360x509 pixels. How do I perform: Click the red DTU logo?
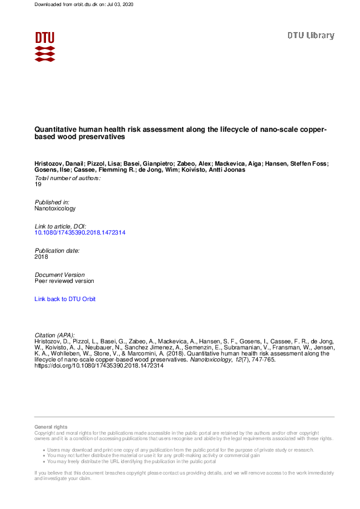pos(45,46)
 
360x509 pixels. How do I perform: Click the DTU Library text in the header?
pos(310,36)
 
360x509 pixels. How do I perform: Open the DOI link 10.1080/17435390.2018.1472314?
pos(80,232)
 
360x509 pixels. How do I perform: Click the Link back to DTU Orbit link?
pos(65,299)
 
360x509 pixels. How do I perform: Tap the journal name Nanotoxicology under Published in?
pos(55,208)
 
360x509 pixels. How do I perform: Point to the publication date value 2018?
pos(41,256)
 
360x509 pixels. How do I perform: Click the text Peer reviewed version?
pos(64,280)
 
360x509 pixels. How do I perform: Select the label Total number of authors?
pos(67,178)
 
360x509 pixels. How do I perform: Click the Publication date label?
pos(57,250)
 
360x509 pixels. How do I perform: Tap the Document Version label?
pos(59,274)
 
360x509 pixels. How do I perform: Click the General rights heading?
pos(51,427)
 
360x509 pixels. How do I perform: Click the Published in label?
pos(52,202)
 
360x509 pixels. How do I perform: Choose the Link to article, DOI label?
pos(61,226)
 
